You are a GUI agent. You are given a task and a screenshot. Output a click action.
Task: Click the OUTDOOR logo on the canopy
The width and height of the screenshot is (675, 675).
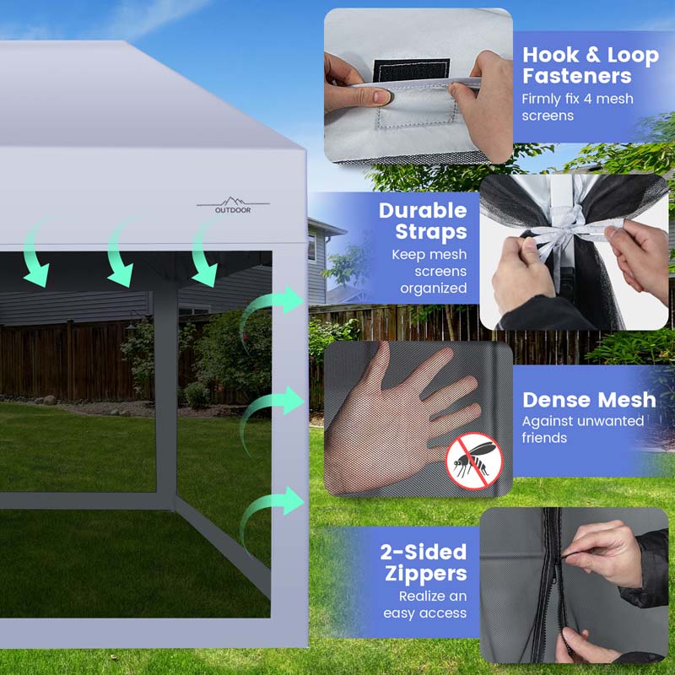(233, 205)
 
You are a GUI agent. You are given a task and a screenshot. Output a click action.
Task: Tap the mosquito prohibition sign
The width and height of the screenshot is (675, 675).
(473, 461)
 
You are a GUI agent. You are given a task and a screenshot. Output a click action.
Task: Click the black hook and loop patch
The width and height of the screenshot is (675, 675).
(411, 70)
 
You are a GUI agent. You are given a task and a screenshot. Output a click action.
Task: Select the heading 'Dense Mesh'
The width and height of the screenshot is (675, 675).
(589, 400)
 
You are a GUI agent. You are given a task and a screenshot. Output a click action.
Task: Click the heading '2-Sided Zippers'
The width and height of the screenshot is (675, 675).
(424, 563)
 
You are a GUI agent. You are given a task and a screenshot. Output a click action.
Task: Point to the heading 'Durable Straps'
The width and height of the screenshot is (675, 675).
(423, 221)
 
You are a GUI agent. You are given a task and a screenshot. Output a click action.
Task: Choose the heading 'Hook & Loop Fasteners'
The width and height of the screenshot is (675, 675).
(590, 66)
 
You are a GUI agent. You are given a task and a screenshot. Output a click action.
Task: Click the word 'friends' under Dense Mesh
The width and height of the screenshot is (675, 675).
(544, 438)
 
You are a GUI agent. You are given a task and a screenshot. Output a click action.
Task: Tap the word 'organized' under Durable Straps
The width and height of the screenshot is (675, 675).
(434, 288)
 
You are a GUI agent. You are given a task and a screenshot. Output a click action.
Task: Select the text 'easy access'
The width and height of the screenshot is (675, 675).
(425, 613)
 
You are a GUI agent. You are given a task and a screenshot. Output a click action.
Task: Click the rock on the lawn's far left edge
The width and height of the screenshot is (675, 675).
(50, 400)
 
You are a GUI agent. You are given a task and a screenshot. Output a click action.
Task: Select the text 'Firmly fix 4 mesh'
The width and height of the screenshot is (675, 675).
(577, 99)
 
